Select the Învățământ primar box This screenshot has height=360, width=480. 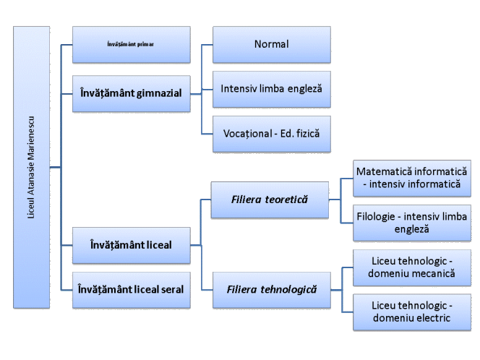131,43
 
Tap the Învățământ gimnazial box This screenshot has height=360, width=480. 131,93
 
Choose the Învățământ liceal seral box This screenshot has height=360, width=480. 131,288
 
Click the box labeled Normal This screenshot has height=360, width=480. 271,44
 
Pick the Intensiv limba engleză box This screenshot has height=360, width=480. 271,89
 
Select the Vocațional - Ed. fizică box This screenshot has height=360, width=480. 271,134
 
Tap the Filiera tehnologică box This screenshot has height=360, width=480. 270,288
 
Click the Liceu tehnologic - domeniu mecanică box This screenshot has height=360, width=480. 412,269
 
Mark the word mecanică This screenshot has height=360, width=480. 435,275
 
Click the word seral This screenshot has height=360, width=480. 168,288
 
